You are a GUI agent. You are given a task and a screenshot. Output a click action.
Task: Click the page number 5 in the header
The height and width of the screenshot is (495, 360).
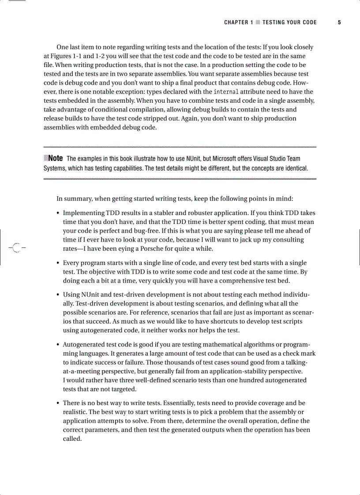[x=339, y=22]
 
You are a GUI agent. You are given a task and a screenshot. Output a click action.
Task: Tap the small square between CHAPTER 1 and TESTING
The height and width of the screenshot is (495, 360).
[x=258, y=22]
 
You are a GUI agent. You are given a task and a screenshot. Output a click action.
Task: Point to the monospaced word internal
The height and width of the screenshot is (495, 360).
[x=226, y=92]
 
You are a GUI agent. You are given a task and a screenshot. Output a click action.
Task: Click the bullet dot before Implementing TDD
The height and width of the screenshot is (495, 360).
[x=58, y=213]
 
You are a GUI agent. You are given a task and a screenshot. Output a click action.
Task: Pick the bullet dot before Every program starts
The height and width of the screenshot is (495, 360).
[x=58, y=263]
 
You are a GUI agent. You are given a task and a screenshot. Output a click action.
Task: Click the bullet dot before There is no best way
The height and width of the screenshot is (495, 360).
[x=58, y=403]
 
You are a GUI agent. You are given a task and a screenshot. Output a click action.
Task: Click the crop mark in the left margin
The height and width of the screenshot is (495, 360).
[x=15, y=248]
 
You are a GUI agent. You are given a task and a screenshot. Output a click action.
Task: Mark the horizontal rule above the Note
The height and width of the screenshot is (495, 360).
[x=180, y=147]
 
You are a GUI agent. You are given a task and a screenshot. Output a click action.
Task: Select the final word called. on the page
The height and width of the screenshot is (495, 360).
[x=72, y=439]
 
